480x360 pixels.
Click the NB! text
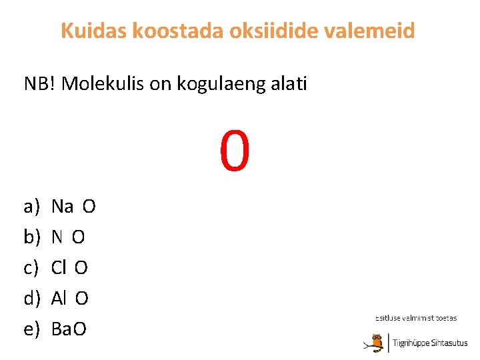coord(40,85)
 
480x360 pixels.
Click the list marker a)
coord(32,207)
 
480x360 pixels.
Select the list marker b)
coord(32,237)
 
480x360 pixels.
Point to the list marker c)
coord(32,268)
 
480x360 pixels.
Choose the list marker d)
coord(32,299)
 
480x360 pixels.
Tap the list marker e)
coord(32,329)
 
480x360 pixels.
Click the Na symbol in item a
coord(62,207)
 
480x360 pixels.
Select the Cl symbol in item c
coord(59,268)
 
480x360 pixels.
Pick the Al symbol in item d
coord(59,299)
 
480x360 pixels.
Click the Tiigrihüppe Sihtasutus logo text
coord(430,343)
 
